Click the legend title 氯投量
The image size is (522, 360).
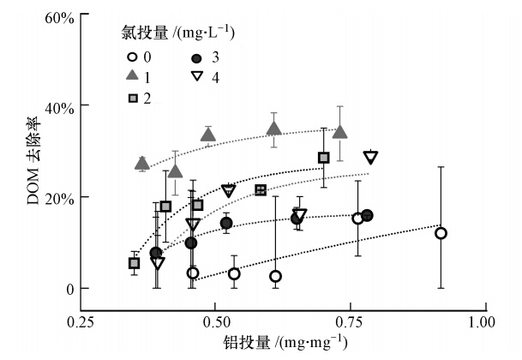[177, 33]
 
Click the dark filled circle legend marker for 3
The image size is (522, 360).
[197, 57]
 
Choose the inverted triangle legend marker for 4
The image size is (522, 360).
[197, 77]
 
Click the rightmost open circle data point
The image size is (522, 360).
[441, 233]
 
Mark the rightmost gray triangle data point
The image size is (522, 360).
[340, 132]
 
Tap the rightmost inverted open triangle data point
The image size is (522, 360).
[370, 157]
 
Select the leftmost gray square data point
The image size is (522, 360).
[135, 263]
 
